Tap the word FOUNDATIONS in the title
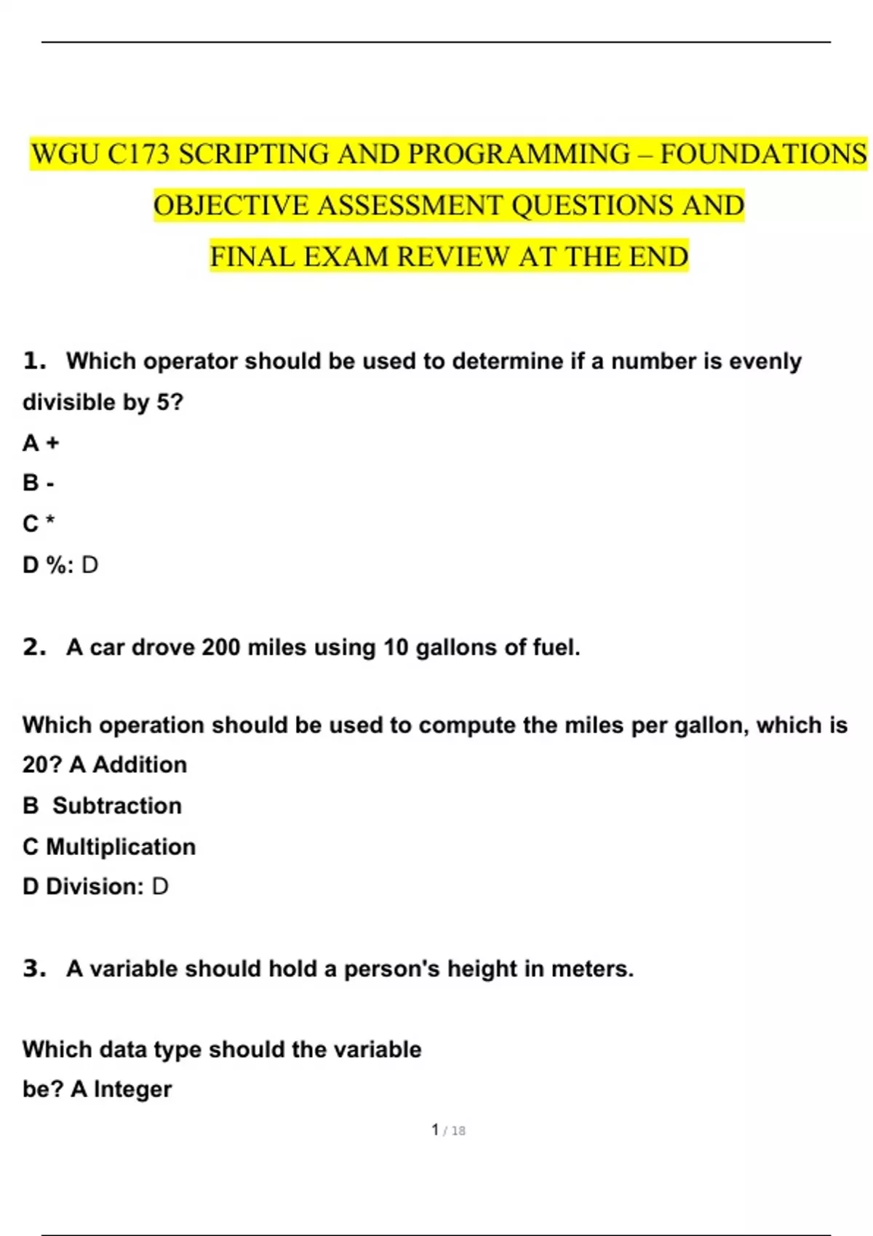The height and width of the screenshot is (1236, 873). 763,154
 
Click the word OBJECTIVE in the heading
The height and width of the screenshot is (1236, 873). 231,206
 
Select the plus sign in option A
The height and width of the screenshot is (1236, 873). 52,443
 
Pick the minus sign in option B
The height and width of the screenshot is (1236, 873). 50,483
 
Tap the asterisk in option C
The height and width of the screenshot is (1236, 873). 49,521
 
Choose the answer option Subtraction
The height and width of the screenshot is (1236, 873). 117,806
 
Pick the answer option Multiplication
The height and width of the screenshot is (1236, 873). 121,846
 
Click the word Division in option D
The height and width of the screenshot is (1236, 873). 93,886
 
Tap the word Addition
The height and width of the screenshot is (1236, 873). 140,765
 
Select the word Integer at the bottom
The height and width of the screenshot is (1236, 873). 132,1089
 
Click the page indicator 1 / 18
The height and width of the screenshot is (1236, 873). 448,1130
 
